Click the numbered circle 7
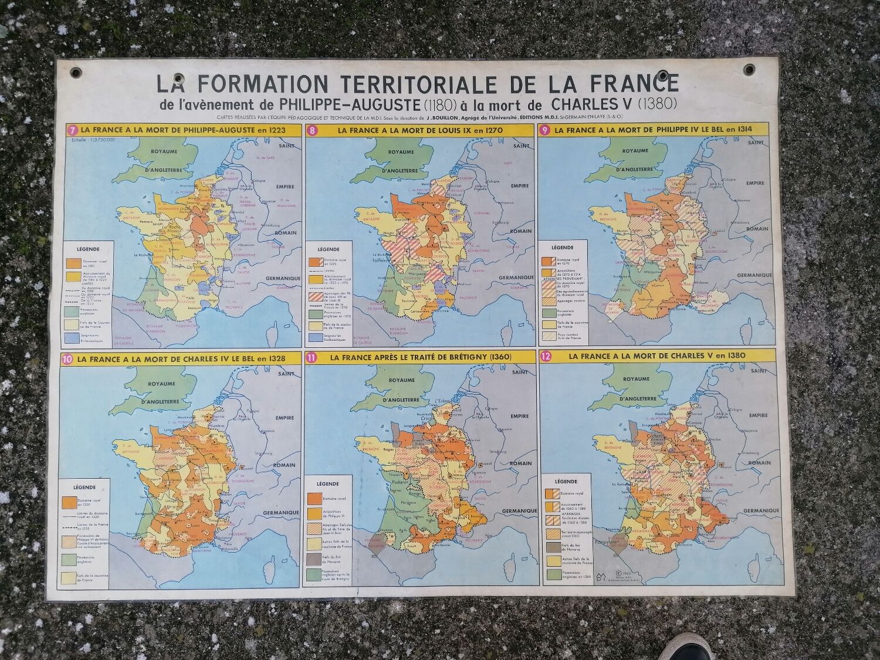click(x=72, y=130)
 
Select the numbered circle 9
click(x=544, y=130)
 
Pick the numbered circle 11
click(x=310, y=357)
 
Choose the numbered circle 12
click(x=547, y=356)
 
